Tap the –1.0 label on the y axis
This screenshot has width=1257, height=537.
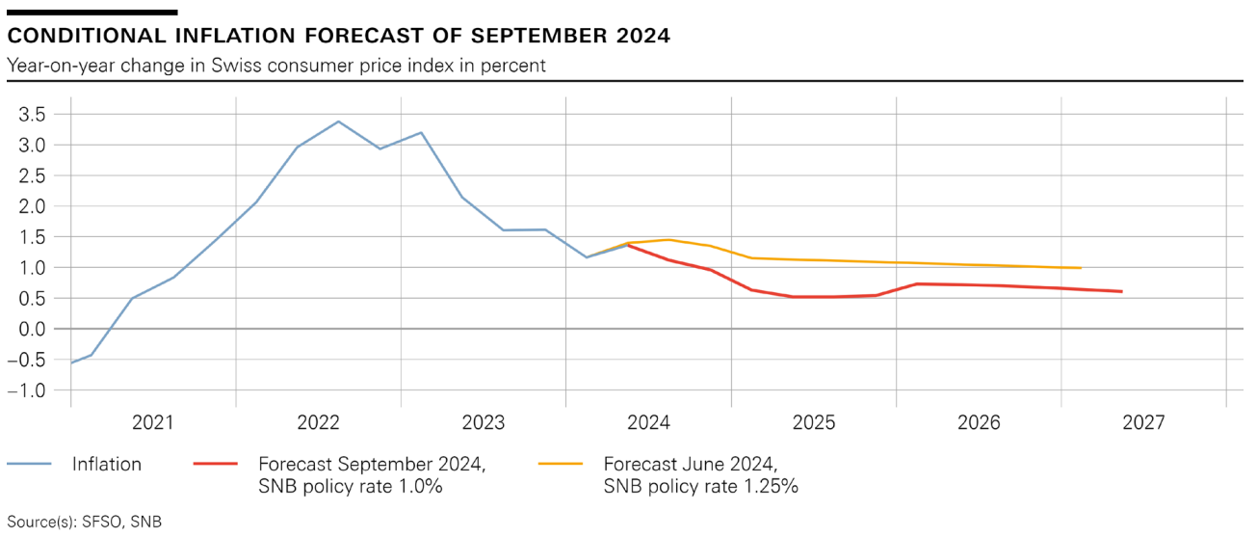click(26, 390)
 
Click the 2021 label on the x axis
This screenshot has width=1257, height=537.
click(153, 422)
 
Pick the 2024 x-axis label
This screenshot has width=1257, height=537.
click(648, 422)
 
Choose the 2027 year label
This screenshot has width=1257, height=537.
click(1143, 422)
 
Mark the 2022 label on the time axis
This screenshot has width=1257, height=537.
click(318, 422)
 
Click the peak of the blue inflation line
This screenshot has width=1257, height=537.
click(338, 121)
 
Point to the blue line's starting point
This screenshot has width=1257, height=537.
click(71, 362)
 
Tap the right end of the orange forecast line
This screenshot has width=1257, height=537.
click(1081, 268)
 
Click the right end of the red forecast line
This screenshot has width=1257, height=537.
click(1121, 291)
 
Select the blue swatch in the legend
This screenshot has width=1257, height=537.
click(29, 465)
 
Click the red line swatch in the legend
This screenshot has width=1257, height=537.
click(215, 465)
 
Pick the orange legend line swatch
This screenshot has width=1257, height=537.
click(561, 465)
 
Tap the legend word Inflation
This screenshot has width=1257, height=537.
click(107, 465)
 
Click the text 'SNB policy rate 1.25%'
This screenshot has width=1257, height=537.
click(700, 487)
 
